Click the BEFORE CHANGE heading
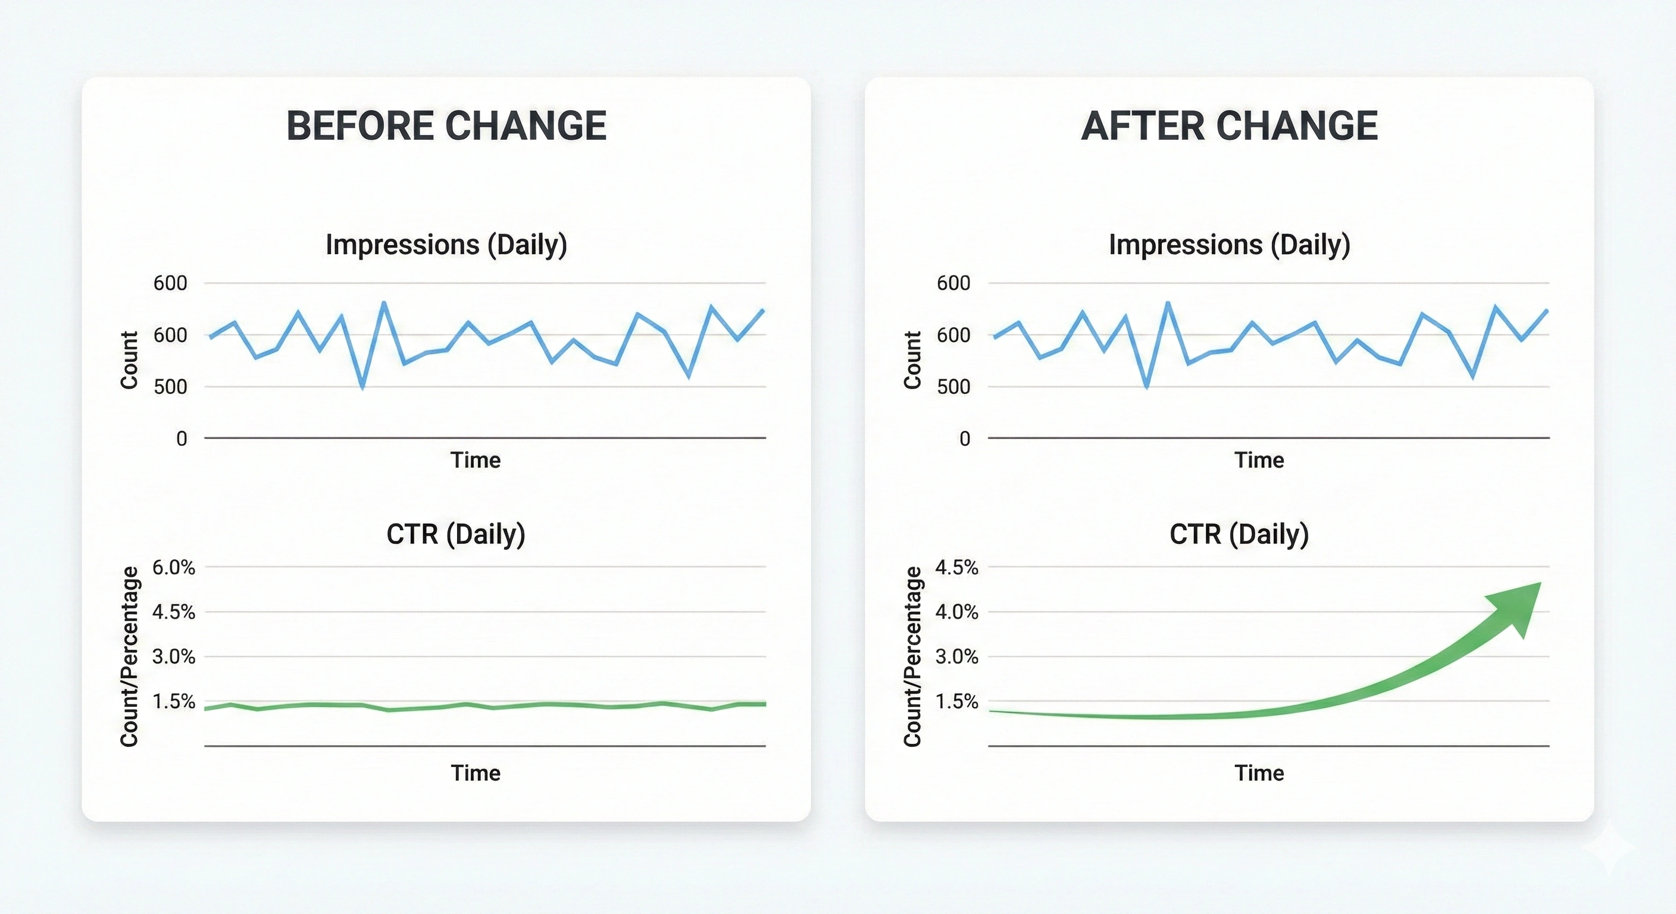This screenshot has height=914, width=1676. tap(446, 126)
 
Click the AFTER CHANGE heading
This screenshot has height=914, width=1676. tap(1229, 126)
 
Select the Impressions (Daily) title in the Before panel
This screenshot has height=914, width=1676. tap(446, 245)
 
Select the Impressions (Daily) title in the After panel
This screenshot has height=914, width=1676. tap(1229, 245)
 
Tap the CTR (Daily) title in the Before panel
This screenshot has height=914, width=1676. tap(455, 534)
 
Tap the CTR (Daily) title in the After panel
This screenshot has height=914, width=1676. tap(1239, 534)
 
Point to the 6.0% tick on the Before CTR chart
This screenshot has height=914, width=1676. tap(173, 567)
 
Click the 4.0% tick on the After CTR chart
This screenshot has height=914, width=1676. tap(956, 612)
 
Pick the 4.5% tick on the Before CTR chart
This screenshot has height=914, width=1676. tap(173, 612)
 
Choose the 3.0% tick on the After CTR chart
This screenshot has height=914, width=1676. tap(956, 656)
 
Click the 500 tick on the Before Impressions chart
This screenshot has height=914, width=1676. tap(170, 386)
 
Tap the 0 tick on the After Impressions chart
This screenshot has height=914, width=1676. tap(965, 439)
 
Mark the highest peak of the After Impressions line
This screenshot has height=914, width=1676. tap(1168, 302)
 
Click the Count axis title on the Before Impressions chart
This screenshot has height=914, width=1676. tap(129, 360)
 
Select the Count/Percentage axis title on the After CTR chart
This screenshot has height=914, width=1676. tap(912, 656)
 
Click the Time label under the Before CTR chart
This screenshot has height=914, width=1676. tap(476, 773)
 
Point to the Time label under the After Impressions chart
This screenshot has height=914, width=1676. tap(1259, 460)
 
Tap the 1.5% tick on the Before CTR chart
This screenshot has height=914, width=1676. tap(173, 702)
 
